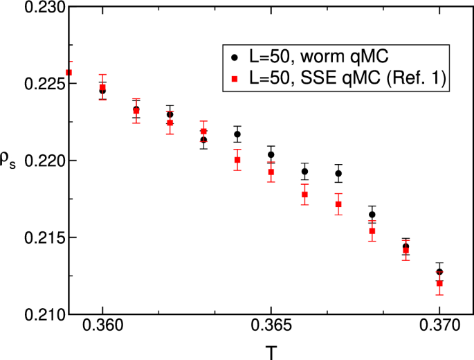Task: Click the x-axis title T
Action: coord(271,352)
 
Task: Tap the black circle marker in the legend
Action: coord(235,57)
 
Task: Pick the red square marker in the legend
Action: coord(235,81)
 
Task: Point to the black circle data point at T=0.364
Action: coord(237,134)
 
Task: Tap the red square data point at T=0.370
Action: coord(439,283)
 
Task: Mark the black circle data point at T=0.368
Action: coord(372,215)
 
